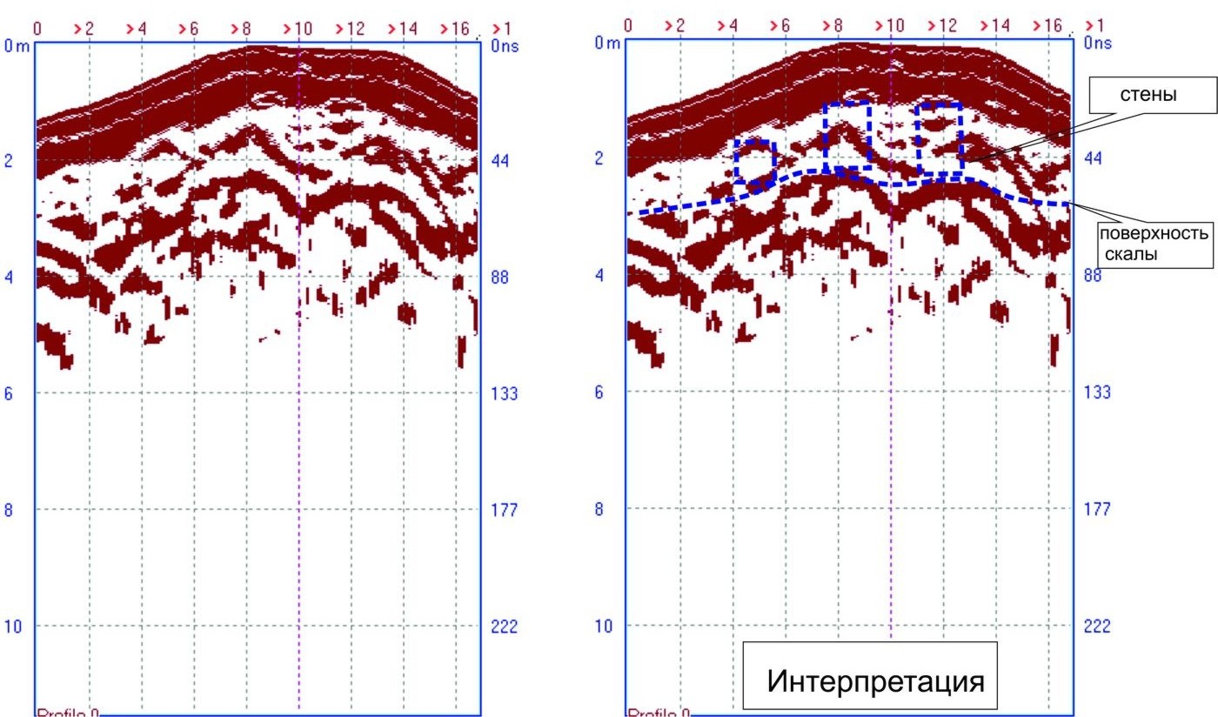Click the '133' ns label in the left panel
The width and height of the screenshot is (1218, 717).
point(504,393)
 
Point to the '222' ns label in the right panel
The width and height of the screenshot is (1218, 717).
point(1096,627)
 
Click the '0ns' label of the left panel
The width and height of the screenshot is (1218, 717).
point(504,46)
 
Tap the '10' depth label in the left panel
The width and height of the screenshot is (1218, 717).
point(13,627)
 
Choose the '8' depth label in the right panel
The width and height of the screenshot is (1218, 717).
point(599,509)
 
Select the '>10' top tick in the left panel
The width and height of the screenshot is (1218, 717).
point(297,29)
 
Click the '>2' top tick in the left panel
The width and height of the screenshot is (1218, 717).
point(84,29)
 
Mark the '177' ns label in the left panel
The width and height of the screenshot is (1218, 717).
point(504,509)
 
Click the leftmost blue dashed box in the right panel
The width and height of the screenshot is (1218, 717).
point(754,162)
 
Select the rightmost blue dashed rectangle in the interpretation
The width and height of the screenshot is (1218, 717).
point(940,139)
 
